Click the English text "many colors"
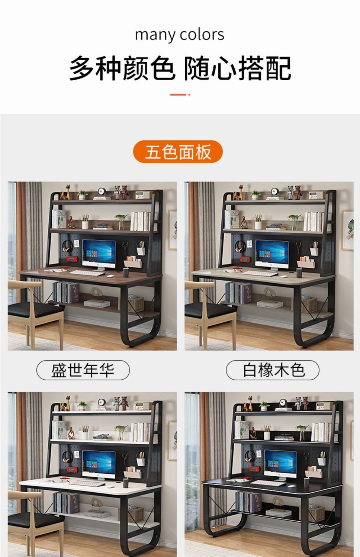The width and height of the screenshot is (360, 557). click(x=179, y=35)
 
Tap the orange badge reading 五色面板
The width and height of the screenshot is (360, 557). click(x=178, y=151)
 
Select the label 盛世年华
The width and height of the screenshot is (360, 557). click(x=83, y=370)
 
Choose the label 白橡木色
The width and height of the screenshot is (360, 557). click(x=273, y=370)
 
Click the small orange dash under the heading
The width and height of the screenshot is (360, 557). click(x=180, y=94)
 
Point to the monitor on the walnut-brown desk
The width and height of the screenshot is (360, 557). click(x=99, y=255)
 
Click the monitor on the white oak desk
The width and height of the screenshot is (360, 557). click(x=272, y=255)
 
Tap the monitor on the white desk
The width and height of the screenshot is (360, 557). click(x=99, y=465)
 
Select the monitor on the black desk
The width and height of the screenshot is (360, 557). click(x=280, y=465)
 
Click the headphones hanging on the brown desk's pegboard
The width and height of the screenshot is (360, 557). click(x=67, y=247)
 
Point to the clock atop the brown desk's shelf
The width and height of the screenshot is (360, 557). click(x=102, y=191)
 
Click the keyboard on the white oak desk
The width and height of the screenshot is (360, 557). click(x=260, y=273)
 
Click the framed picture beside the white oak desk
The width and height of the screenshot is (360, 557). click(x=348, y=230)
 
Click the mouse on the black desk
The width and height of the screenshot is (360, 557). click(x=291, y=486)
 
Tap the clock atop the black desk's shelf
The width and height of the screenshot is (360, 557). click(x=283, y=402)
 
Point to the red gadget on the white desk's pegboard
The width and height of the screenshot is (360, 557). click(x=71, y=470)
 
